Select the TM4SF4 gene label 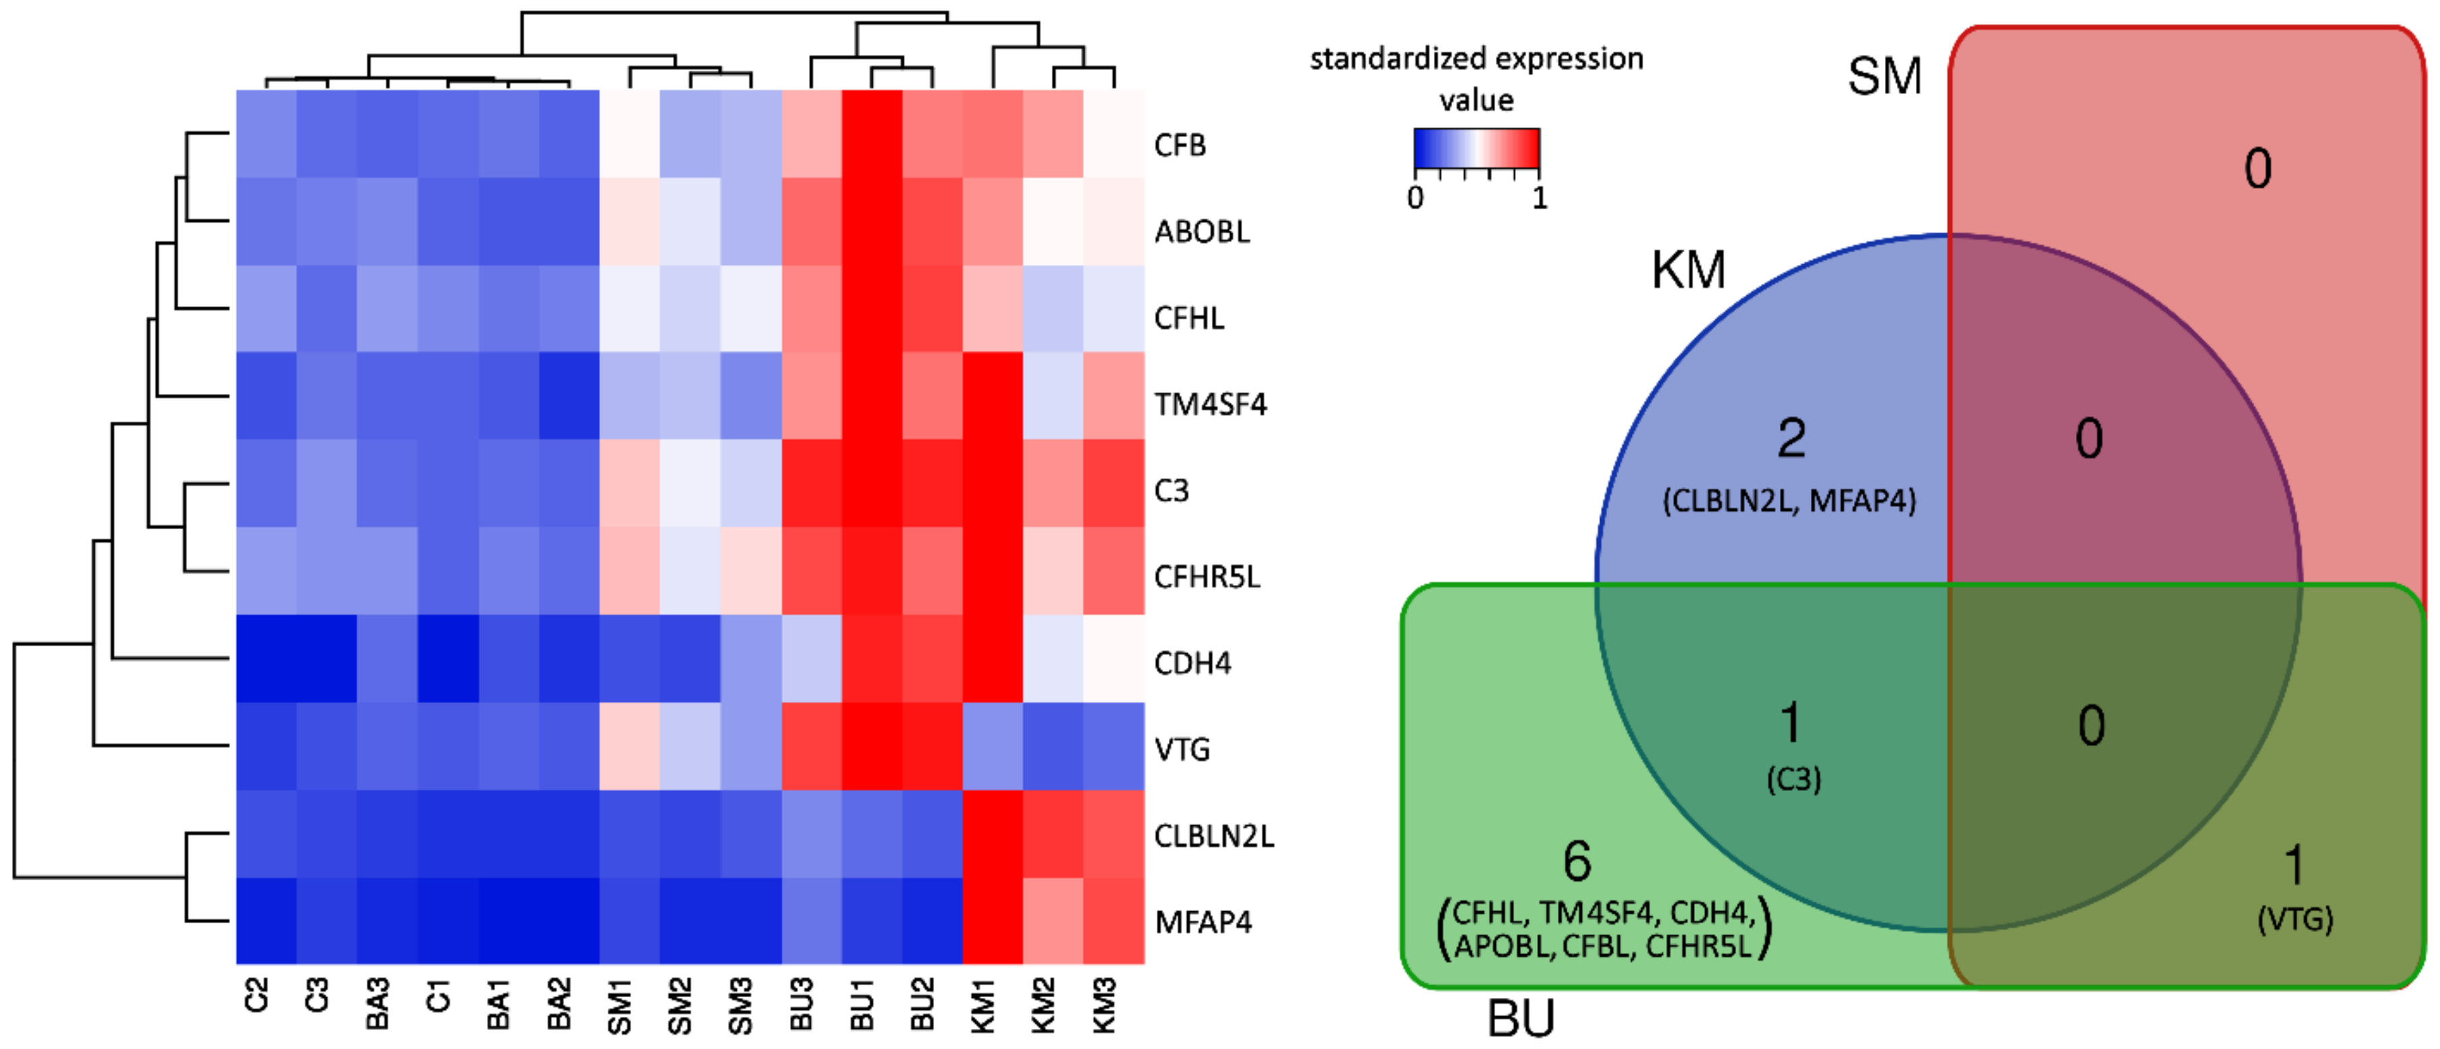pos(1210,404)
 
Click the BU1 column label pos(862,1003)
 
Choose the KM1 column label pos(983,1003)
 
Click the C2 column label pos(256,996)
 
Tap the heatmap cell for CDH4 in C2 pos(266,659)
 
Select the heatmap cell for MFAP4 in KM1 pos(993,921)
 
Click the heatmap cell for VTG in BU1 pos(871,746)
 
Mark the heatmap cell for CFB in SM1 pos(630,134)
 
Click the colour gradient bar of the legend pos(1476,148)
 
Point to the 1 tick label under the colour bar pos(1539,198)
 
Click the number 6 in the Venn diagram pos(1577,861)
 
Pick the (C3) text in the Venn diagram pos(1793,779)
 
